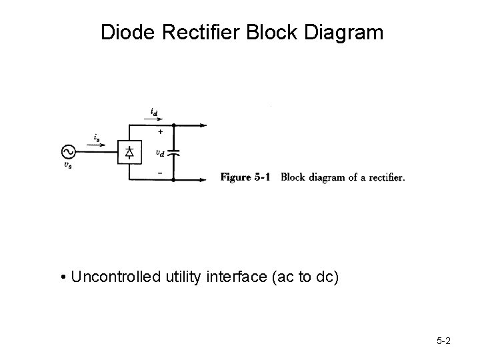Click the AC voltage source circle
69,153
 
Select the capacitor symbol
174,153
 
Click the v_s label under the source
69,167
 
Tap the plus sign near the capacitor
159,131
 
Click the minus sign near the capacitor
159,173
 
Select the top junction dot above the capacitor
174,125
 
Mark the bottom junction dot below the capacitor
174,180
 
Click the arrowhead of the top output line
203,125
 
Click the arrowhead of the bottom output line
203,180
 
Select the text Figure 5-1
245,177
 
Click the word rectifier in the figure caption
383,177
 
